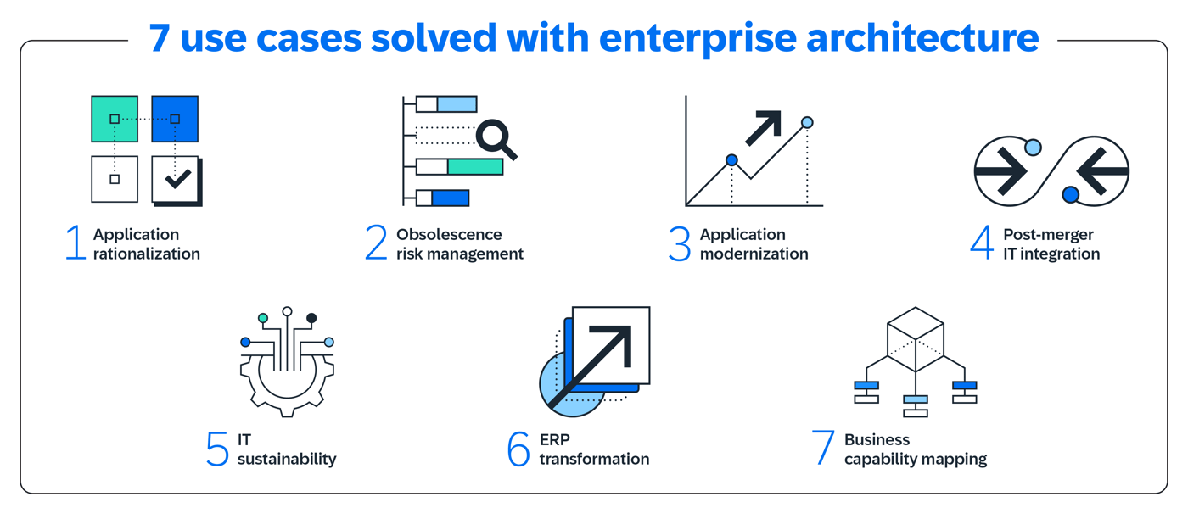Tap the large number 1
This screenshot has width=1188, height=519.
click(x=76, y=243)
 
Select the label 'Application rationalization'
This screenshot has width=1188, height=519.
click(x=146, y=244)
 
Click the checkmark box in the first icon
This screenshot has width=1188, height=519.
click(x=176, y=180)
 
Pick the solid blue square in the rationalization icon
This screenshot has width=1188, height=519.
click(x=175, y=119)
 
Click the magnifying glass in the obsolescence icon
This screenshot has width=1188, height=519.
click(x=496, y=138)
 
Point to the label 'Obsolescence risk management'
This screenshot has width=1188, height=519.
click(x=459, y=244)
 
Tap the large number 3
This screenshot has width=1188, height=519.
click(x=680, y=243)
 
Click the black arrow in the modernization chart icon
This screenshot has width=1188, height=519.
click(x=763, y=127)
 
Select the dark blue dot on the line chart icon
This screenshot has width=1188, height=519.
click(x=731, y=160)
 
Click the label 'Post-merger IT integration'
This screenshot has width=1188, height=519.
click(x=1051, y=244)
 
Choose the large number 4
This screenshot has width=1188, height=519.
click(x=982, y=243)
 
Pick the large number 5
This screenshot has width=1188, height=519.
click(x=218, y=449)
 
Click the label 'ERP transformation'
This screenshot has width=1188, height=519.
click(x=594, y=449)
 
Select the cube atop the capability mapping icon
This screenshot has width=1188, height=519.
click(x=915, y=339)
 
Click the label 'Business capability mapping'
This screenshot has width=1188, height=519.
click(x=915, y=449)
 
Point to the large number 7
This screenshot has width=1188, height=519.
click(x=823, y=449)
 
